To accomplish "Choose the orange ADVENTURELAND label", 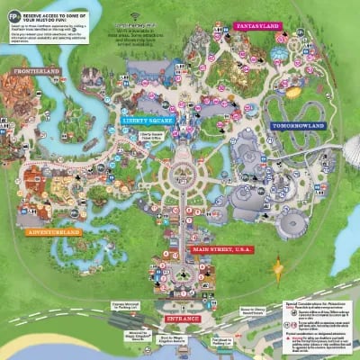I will pos(53,232).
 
